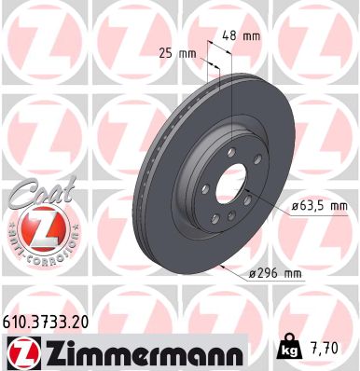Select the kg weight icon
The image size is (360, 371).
click(x=291, y=350)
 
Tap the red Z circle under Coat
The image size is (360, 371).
click(x=35, y=229)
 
